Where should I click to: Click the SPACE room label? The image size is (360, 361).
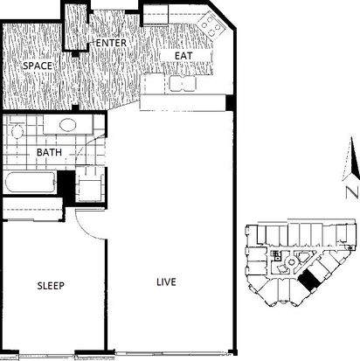tap(38, 66)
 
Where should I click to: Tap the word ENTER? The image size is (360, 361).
tap(111, 43)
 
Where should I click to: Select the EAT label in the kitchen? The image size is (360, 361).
tap(183, 55)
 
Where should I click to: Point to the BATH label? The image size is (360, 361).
tap(49, 152)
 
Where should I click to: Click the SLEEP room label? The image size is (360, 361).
tap(51, 286)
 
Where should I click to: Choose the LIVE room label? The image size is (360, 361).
tap(166, 282)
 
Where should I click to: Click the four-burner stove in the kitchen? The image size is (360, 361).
tap(211, 25)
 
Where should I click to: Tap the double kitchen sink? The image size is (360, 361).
tap(183, 84)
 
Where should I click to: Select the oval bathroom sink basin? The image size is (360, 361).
tap(68, 125)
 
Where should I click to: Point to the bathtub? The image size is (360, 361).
tap(31, 182)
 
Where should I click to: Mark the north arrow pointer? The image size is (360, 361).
tap(353, 158)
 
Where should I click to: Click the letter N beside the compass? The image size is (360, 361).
tap(353, 193)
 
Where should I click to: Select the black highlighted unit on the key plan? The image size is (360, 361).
tap(308, 280)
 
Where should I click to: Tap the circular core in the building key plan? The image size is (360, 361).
tap(291, 262)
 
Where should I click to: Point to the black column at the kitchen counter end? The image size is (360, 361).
tap(230, 102)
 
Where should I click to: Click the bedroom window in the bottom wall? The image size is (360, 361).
tap(46, 356)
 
